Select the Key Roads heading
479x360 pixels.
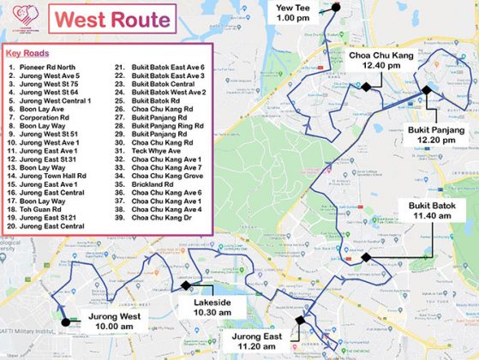24,52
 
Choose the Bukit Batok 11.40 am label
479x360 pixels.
431,211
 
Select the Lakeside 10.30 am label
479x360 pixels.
212,307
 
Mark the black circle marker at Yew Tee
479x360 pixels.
336,7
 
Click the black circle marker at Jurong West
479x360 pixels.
65,322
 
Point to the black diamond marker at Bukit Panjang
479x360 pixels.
426,89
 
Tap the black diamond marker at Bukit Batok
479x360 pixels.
365,257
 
